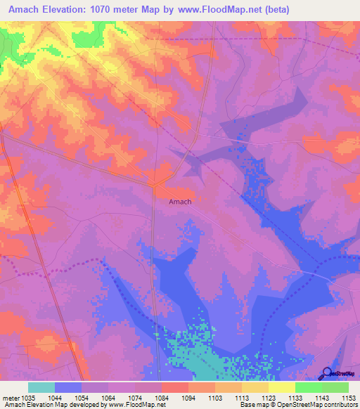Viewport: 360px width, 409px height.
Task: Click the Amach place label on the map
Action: [x=180, y=202]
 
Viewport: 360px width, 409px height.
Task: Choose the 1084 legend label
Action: [x=162, y=397]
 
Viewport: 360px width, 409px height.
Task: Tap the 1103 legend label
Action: [x=215, y=397]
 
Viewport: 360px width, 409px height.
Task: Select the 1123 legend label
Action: [x=269, y=397]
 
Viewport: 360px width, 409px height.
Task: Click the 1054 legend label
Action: [x=82, y=397]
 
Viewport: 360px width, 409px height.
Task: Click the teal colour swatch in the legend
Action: [x=41, y=387]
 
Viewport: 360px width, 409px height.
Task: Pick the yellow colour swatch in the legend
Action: [x=281, y=387]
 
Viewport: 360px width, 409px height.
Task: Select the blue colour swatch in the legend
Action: [x=68, y=387]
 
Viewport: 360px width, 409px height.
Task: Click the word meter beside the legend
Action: [x=9, y=397]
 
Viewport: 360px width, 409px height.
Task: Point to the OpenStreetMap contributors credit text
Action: [x=310, y=405]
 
